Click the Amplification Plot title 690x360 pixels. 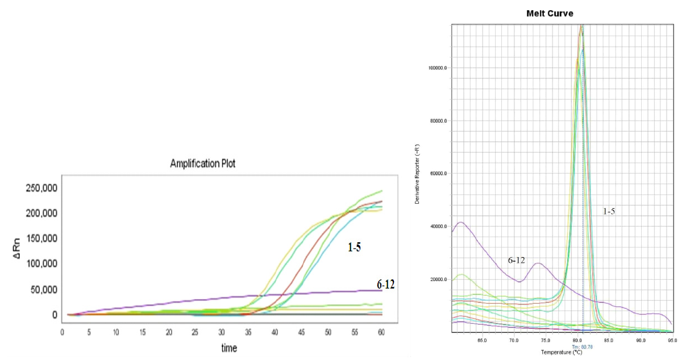[x=203, y=164]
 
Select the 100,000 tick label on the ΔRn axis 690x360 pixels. [x=41, y=264]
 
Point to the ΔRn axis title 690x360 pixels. [x=18, y=251]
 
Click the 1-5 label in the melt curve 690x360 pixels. [x=609, y=211]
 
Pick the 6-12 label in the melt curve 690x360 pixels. [x=516, y=260]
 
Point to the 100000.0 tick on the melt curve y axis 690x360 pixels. [x=437, y=68]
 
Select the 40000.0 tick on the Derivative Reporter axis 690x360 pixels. [x=438, y=226]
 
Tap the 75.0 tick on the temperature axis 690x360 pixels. [x=546, y=341]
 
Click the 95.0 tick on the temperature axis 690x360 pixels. [x=671, y=341]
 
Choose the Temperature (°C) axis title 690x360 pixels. [x=561, y=353]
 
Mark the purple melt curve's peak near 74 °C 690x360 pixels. [x=538, y=263]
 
